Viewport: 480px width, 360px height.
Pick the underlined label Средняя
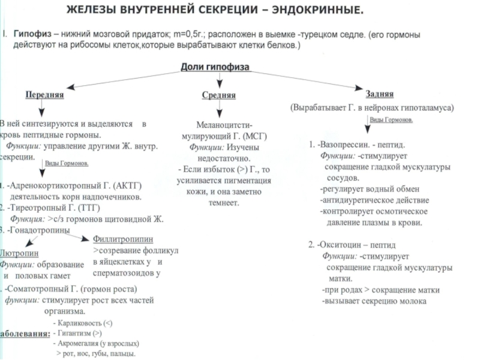tap(218, 95)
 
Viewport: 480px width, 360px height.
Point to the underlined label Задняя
tap(379, 95)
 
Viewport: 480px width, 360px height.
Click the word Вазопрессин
tap(344, 146)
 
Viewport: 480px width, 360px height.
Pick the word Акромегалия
tap(80, 344)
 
